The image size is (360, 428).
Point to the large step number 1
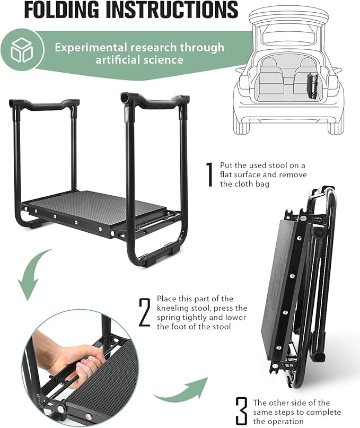click(209, 173)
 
